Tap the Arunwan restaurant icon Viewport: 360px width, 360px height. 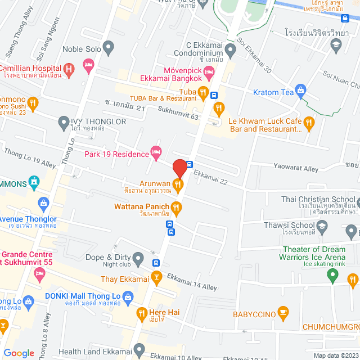tap(178, 183)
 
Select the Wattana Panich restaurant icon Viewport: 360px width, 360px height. tap(176, 207)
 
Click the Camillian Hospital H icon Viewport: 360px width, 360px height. tap(69, 69)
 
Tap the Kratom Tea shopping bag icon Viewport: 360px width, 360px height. tap(301, 89)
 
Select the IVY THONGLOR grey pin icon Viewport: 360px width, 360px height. tap(64, 121)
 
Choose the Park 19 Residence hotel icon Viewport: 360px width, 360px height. tap(156, 152)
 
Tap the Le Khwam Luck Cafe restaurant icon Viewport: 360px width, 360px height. tap(308, 122)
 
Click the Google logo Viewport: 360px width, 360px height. tap(19, 353)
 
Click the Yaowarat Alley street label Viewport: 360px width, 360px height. tap(296, 167)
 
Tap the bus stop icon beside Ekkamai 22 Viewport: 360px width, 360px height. tap(190, 165)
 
